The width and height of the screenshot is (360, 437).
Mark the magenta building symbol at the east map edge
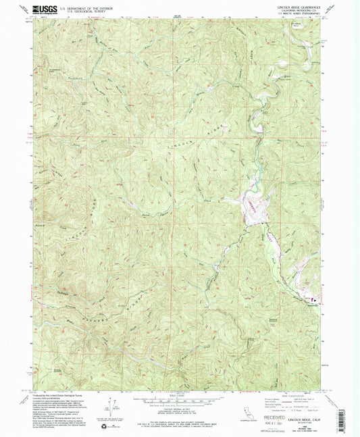tap(312, 299)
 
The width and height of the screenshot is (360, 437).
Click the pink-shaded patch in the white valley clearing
tap(252, 205)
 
